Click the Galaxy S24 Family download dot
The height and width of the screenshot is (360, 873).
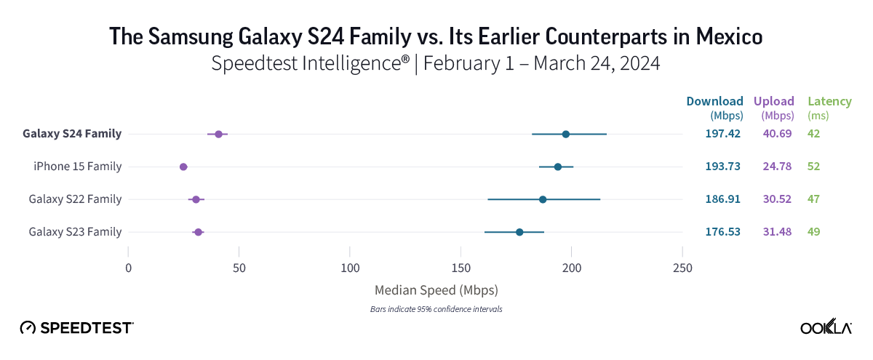point(565,135)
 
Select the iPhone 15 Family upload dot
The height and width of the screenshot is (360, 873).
point(183,167)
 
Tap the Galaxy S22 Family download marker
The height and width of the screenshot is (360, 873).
point(543,199)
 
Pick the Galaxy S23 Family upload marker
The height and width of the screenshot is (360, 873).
point(198,232)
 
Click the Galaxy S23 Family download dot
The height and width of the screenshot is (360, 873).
point(519,232)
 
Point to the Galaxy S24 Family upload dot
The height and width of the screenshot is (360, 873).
point(218,135)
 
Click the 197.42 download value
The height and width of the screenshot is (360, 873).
point(722,134)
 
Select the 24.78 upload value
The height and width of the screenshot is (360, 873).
point(777,167)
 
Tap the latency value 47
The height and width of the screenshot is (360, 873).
point(813,199)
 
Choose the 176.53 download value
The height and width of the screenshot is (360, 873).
point(722,231)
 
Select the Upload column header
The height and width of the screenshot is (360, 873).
point(777,101)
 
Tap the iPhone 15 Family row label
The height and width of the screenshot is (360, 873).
point(77,167)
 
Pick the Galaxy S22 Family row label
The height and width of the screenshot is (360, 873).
point(75,199)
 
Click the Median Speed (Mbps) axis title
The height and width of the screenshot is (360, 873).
point(436,290)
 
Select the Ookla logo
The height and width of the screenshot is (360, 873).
point(826,327)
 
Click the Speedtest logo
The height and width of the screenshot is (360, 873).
point(76,327)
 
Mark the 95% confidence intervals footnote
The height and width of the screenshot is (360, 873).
point(436,309)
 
